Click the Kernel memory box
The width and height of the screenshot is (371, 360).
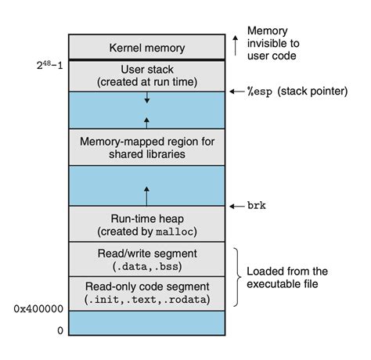[148, 48]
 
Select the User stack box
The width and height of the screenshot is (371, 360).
[148, 75]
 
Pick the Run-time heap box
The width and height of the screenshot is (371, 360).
[148, 224]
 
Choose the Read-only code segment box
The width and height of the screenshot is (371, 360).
[148, 293]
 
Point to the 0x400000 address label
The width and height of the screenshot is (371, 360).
[37, 309]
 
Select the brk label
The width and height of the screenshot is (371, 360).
[255, 205]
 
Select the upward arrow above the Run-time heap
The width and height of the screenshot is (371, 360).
[148, 193]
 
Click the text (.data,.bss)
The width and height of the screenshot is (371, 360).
[148, 267]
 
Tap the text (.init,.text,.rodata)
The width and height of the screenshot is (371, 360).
[148, 300]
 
